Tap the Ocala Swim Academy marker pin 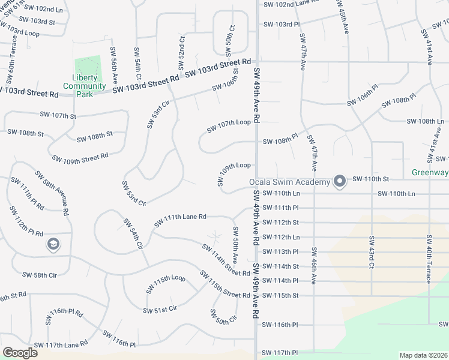tap(340, 181)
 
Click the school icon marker tap(53, 244)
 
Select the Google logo tap(20, 353)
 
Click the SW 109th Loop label tap(234, 171)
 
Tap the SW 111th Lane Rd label tap(180, 220)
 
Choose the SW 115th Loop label tap(166, 284)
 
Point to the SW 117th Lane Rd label tap(61, 344)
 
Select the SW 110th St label tap(371, 179)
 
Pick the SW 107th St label tap(58, 115)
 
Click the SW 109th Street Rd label tap(80, 158)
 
